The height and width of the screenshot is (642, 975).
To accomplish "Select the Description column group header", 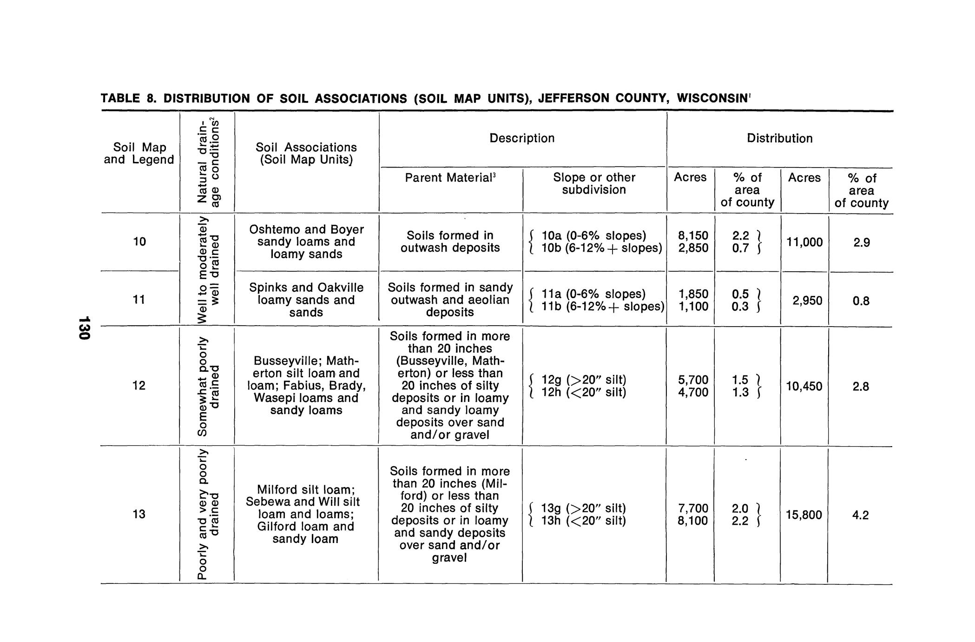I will (x=522, y=138).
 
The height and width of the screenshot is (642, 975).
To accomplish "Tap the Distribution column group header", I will (x=779, y=138).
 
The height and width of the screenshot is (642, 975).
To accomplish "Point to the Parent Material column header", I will (x=450, y=178).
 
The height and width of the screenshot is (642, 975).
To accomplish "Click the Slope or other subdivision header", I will (x=594, y=183).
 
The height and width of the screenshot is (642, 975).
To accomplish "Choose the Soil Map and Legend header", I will (x=139, y=154).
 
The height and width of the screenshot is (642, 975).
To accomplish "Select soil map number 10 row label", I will (x=139, y=241).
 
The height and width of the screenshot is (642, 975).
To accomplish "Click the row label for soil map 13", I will (x=139, y=514).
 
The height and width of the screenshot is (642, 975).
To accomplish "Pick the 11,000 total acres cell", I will (x=804, y=242).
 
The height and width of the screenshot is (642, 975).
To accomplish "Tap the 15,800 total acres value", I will (x=804, y=515).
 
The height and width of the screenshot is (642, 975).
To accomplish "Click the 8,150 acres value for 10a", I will (x=693, y=236).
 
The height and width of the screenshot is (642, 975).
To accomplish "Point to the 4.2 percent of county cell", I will (x=860, y=515).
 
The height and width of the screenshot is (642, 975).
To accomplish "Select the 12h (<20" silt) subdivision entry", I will (x=584, y=393).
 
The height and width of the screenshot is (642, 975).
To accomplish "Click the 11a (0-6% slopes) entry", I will (x=593, y=294).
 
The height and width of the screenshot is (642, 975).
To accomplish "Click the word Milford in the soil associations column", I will (x=276, y=489).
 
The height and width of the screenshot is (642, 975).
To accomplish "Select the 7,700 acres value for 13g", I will (x=693, y=508).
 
